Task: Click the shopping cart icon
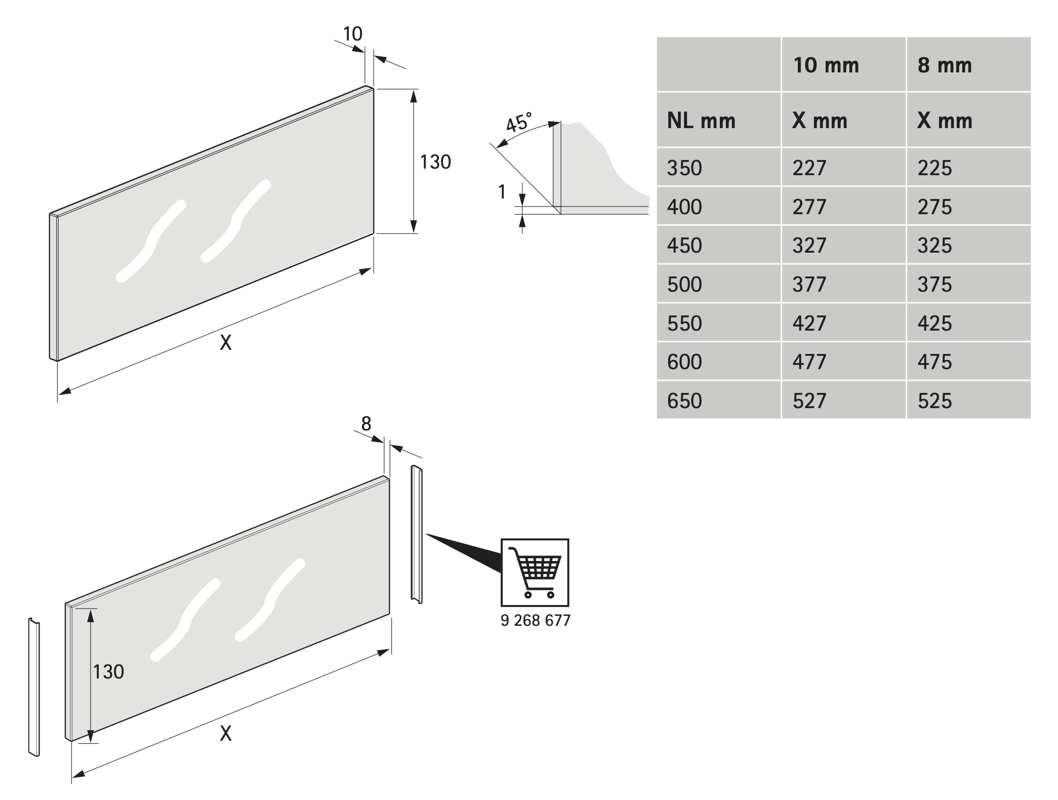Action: tap(535, 572)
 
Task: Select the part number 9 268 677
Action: tap(535, 620)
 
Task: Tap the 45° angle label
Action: tap(519, 122)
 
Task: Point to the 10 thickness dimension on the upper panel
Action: tap(353, 34)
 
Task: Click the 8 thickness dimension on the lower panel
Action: tap(366, 423)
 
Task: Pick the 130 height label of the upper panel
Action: tap(435, 162)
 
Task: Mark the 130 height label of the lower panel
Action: tap(108, 672)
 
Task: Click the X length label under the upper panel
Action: tap(226, 343)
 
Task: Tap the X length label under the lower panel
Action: tap(226, 733)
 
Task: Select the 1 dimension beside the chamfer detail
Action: tap(502, 192)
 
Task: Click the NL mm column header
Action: tap(701, 121)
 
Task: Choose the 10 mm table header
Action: tap(826, 65)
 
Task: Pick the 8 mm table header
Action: tap(945, 65)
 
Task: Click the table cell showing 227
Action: tap(809, 168)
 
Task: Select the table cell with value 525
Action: tap(934, 401)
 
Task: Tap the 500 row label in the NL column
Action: tap(684, 284)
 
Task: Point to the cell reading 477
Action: tap(809, 362)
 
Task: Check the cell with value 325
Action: tap(934, 245)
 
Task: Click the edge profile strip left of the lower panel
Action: tap(34, 687)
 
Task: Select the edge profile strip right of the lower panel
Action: tap(417, 534)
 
